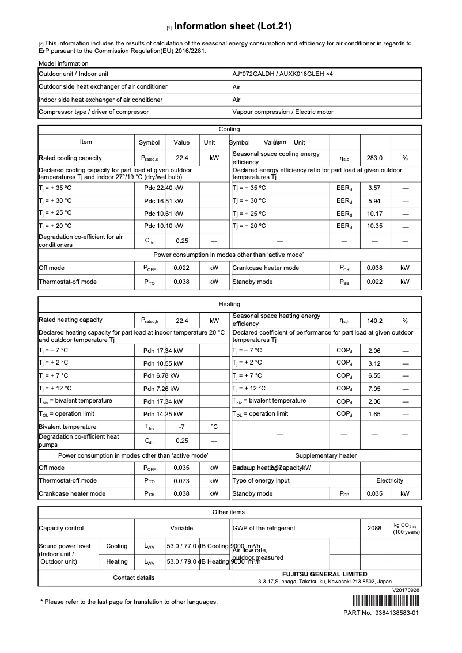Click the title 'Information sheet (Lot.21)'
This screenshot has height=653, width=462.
tap(233, 26)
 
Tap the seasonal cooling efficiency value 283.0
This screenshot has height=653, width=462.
tap(374, 158)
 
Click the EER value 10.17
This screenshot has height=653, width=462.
tap(374, 214)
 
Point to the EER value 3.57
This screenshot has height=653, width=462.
tap(374, 188)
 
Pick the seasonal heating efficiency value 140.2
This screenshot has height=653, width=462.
tap(374, 321)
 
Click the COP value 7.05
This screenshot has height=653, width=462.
tap(374, 389)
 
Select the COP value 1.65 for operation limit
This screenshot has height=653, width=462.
tap(374, 414)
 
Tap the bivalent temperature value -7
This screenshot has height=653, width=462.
tap(181, 427)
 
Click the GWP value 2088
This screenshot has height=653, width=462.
tap(374, 528)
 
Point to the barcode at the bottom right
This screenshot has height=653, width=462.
tap(377, 601)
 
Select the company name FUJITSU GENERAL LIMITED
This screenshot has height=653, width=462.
tap(324, 574)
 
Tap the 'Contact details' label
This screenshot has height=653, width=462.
tap(134, 578)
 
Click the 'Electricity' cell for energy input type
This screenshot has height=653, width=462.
tap(389, 480)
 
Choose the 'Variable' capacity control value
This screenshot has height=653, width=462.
tap(181, 528)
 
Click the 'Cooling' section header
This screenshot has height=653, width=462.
tap(229, 130)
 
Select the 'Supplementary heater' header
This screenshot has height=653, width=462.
tap(326, 455)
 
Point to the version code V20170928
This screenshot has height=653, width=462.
tap(406, 590)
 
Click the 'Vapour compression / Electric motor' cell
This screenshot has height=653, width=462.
tap(283, 112)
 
